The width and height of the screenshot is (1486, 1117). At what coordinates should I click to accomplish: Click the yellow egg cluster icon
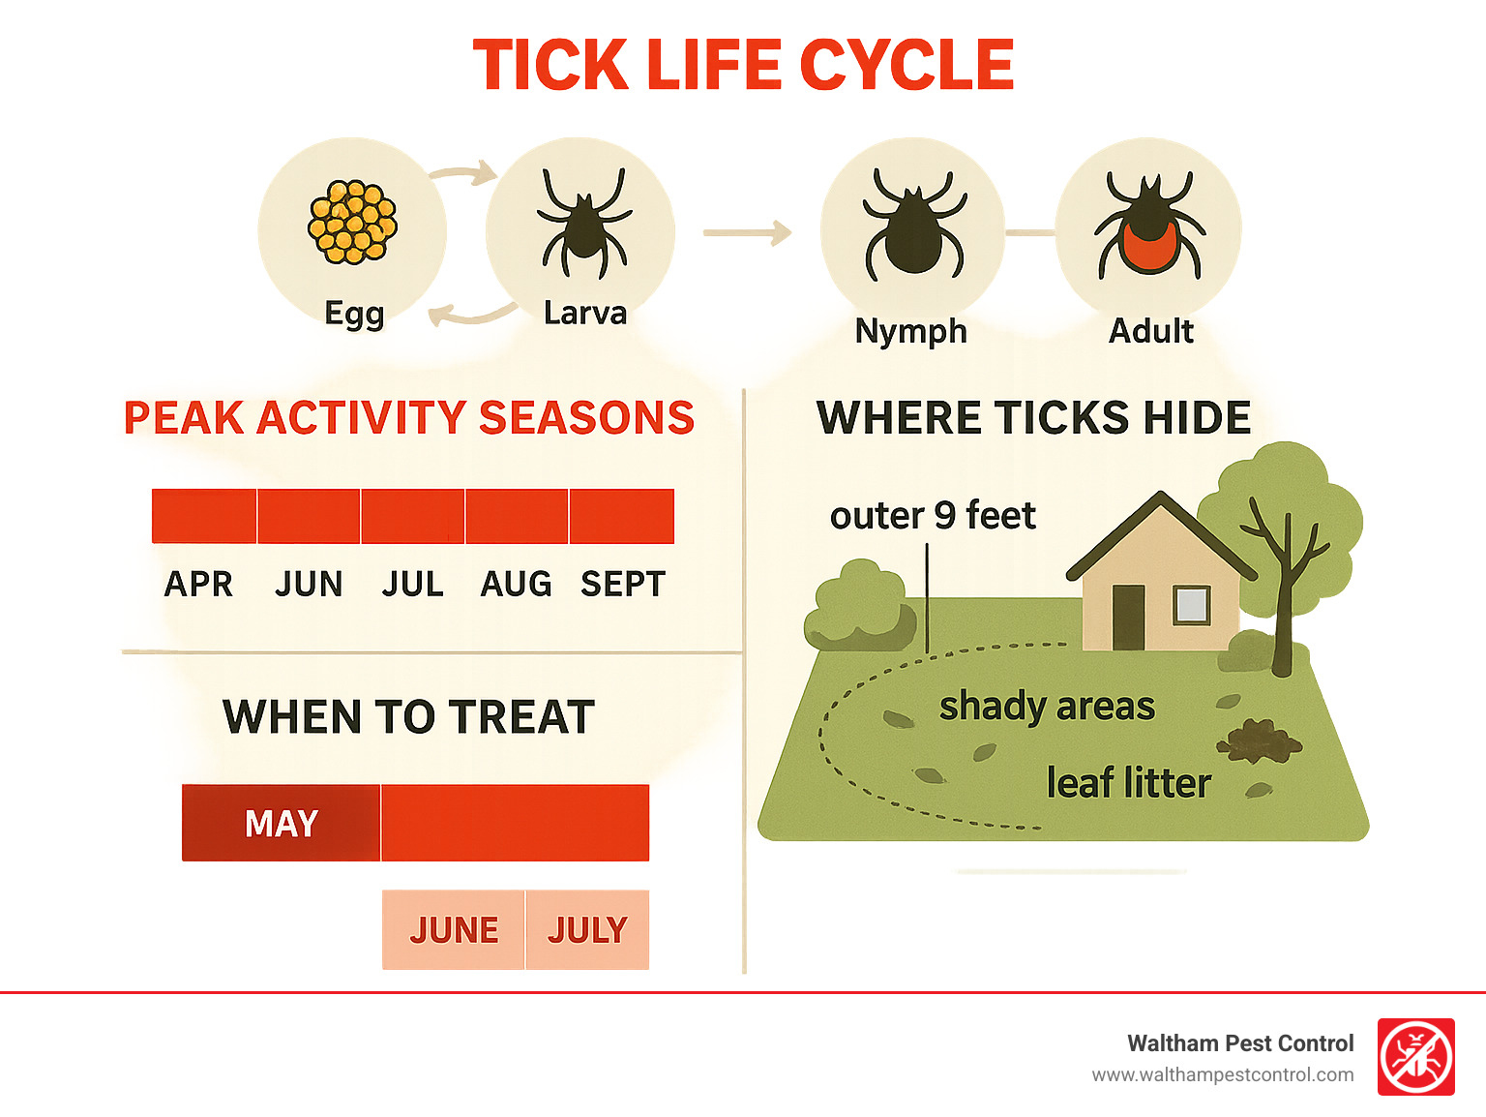pos(353,223)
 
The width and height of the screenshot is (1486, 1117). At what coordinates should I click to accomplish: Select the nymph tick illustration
pos(913,226)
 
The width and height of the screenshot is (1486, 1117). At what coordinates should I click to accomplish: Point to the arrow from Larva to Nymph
pos(747,232)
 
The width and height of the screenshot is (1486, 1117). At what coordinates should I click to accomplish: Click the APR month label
pos(199,585)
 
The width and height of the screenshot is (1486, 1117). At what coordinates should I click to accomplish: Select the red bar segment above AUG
pos(517,516)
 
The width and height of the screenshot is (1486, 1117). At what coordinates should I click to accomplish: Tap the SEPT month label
pos(623,585)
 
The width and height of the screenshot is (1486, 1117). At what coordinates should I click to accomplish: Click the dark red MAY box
pos(282,824)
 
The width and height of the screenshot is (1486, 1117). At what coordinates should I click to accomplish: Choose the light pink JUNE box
pos(454,930)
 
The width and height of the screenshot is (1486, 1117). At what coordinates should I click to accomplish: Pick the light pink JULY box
pos(587,930)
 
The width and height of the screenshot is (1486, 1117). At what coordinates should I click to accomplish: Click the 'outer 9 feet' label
pos(933,516)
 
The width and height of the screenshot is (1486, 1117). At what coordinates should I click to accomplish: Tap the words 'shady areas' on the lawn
pos(1047,707)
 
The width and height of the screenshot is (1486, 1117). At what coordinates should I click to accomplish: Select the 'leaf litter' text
pos(1128,783)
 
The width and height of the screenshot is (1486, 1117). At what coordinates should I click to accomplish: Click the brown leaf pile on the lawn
pos(1259,741)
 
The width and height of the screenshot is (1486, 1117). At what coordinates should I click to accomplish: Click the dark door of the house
pos(1128,617)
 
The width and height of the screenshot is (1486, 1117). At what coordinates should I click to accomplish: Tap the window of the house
pos(1191,606)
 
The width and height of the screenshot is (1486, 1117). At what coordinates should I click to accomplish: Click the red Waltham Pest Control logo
pos(1415,1057)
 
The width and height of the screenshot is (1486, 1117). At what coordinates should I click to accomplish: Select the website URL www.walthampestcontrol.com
pos(1222,1075)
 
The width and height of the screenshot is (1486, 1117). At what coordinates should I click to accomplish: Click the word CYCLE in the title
pos(906,66)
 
